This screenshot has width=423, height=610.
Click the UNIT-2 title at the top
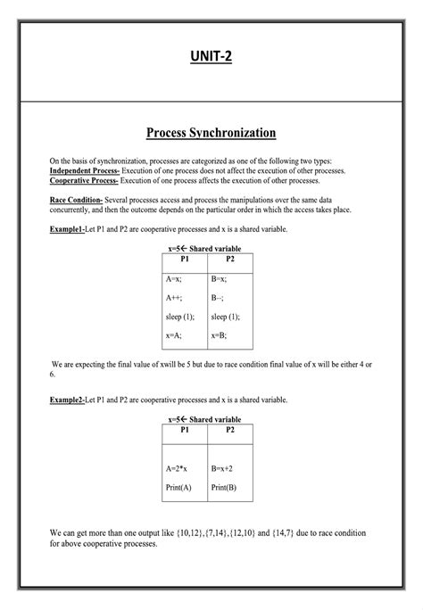click(x=211, y=59)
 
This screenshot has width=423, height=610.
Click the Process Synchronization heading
click(x=211, y=133)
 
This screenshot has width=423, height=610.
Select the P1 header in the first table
click(x=185, y=259)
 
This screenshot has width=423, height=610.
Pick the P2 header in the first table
click(x=230, y=259)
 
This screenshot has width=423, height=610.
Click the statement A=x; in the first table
click(x=176, y=278)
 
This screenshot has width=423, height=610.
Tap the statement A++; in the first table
click(x=176, y=298)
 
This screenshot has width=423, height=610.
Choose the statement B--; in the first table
click(x=219, y=298)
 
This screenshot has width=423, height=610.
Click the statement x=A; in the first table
click(x=176, y=335)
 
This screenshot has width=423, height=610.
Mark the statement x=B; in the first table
click(x=220, y=335)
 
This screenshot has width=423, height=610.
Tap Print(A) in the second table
click(x=179, y=487)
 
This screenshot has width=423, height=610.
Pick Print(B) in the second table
click(x=224, y=487)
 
